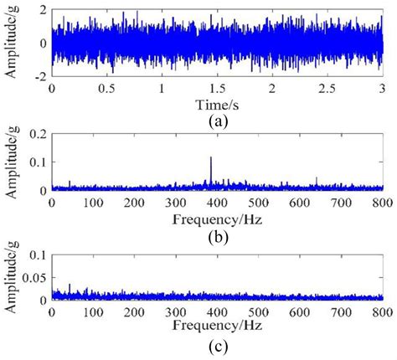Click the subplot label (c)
pyautogui.click(x=219, y=345)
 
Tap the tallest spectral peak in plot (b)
pyautogui.click(x=211, y=157)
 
